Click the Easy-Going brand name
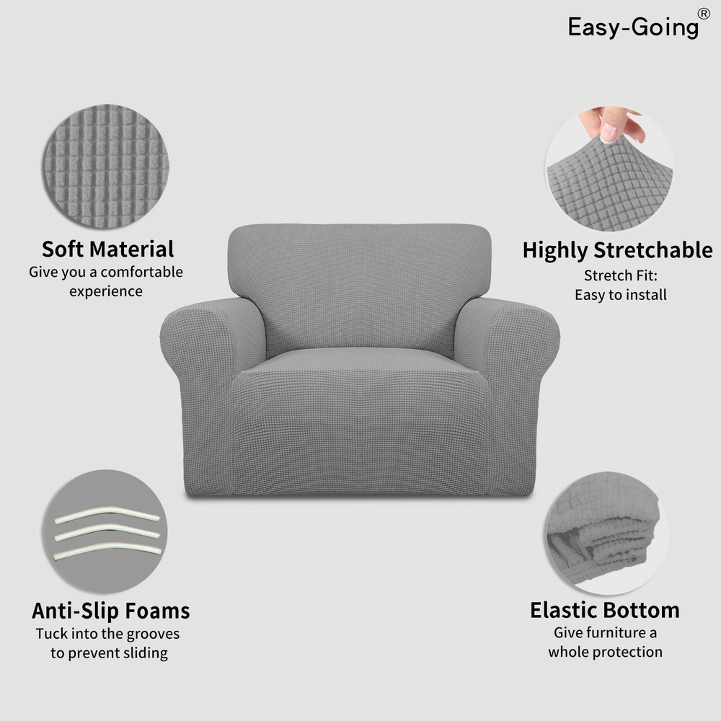pyautogui.click(x=633, y=27)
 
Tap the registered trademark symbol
pyautogui.click(x=704, y=14)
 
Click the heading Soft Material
pyautogui.click(x=108, y=249)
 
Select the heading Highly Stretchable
pyautogui.click(x=618, y=251)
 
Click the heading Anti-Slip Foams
pyautogui.click(x=111, y=611)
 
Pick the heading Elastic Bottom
pyautogui.click(x=605, y=611)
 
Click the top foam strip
pyautogui.click(x=107, y=515)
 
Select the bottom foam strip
pyautogui.click(x=107, y=550)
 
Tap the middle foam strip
pyautogui.click(x=107, y=533)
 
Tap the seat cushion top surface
pyautogui.click(x=360, y=361)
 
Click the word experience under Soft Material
pyautogui.click(x=106, y=292)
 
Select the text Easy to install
pyautogui.click(x=621, y=295)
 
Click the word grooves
pyautogui.click(x=153, y=634)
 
